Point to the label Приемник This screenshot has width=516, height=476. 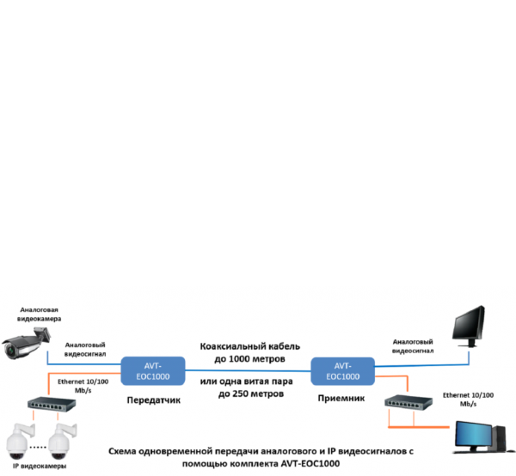tap(342, 399)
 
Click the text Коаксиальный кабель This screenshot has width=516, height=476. tap(249, 344)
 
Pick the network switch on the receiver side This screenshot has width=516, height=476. tap(408, 403)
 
